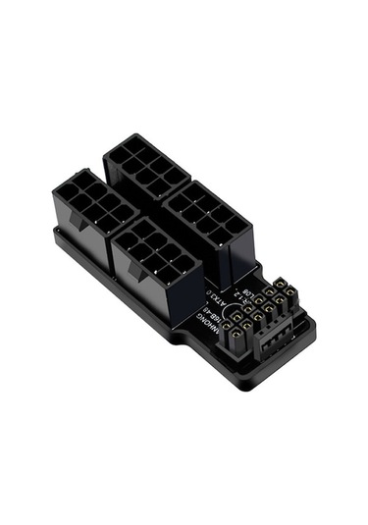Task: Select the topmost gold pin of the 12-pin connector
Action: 280,285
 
